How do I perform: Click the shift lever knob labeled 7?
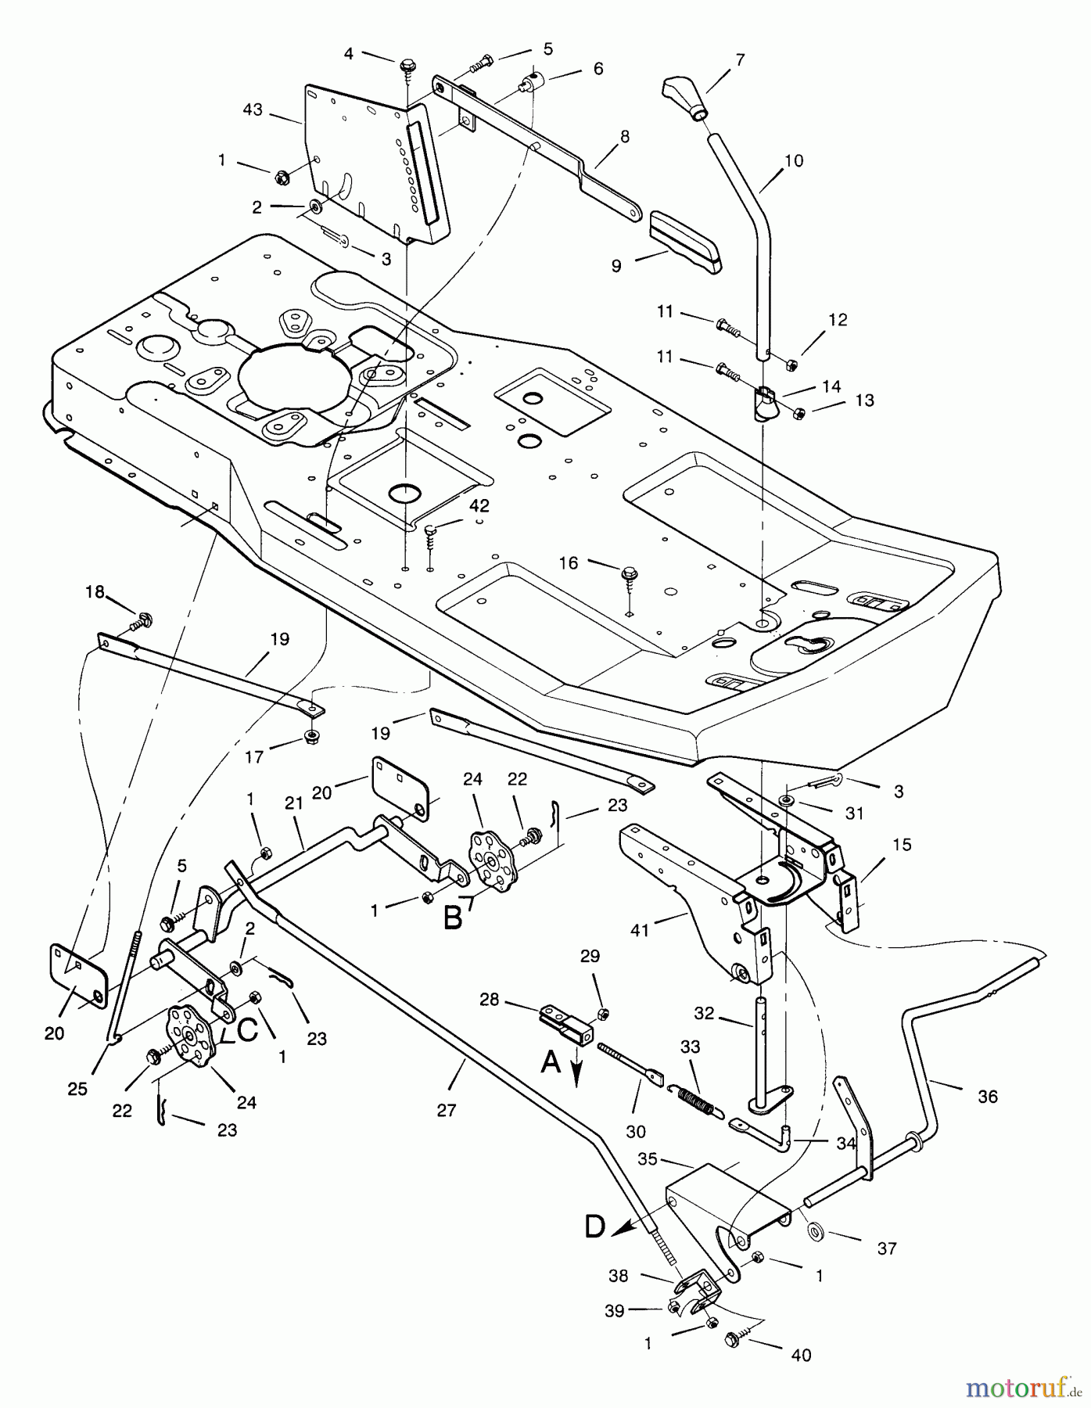coord(686,95)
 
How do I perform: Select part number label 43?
coord(253,111)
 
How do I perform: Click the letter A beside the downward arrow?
coord(551,1062)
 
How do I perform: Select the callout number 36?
coord(988,1097)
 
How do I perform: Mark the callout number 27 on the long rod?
coord(446,1110)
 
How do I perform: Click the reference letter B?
coord(453,917)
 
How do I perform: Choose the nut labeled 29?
coord(603,1014)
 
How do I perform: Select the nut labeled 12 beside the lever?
coord(790,364)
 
